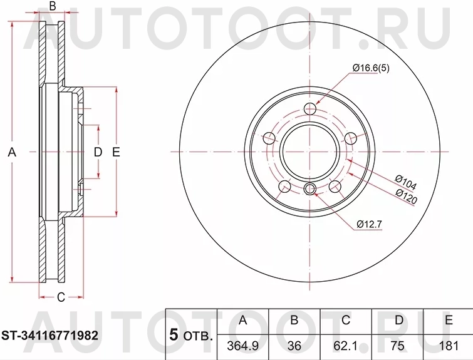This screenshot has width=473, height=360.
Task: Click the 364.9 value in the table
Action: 243,344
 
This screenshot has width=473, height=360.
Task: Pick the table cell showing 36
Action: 294,344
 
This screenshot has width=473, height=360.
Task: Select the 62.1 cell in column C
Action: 346,344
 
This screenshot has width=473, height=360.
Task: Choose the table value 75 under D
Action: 397,344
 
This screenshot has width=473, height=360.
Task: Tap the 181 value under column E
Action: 448,344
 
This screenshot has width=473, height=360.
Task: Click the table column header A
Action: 243,321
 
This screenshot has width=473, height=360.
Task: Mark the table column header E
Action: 448,321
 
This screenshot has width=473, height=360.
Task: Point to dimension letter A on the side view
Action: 11,152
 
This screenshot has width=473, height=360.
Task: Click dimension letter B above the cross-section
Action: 53,7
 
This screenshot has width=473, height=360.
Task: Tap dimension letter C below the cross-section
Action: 61,297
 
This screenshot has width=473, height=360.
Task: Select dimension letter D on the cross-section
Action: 97,152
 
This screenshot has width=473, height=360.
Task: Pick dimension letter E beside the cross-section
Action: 116,152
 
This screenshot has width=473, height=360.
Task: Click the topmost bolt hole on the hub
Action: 309,110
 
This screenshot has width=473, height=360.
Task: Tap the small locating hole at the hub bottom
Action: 309,190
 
